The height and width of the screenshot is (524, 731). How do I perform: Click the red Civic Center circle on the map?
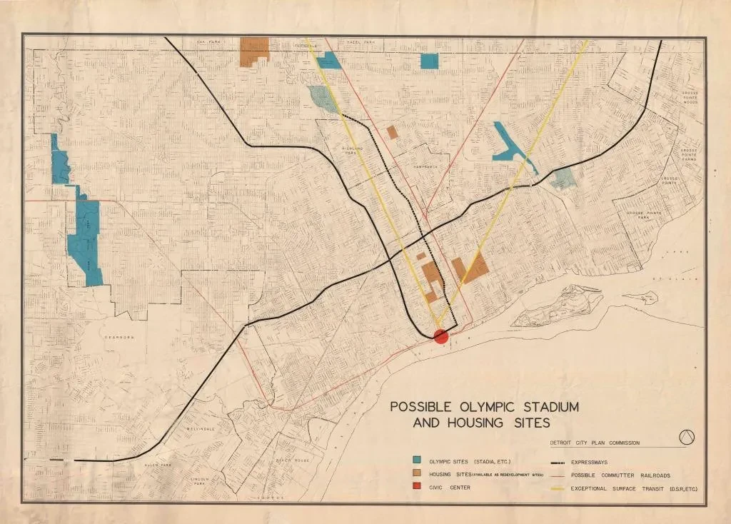[x=440, y=336]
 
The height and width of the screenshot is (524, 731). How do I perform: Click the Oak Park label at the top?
[x=211, y=43]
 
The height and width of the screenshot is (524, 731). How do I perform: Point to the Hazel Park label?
[x=361, y=43]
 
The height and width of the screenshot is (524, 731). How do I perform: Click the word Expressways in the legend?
[x=593, y=463]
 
